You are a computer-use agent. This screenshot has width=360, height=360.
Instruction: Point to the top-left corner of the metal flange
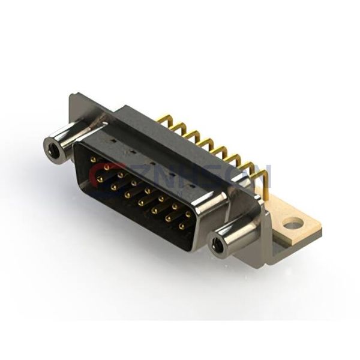[x=73, y=94]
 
